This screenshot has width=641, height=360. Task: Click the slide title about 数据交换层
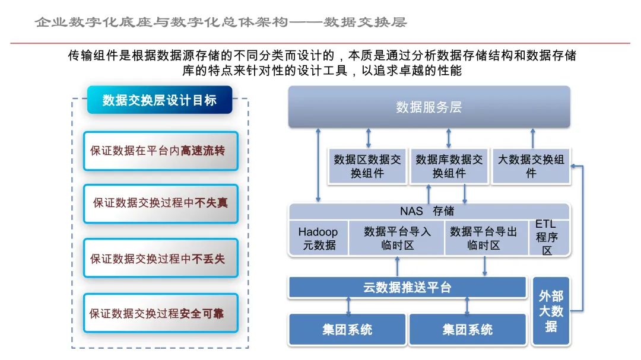pyautogui.click(x=221, y=22)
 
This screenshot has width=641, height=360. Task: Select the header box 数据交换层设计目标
pyautogui.click(x=160, y=100)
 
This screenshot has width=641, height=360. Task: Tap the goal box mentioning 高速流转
pyautogui.click(x=161, y=151)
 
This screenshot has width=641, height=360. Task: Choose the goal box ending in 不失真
pyautogui.click(x=161, y=203)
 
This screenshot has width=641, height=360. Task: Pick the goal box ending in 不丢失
pyautogui.click(x=161, y=258)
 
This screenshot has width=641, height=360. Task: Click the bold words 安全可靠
pyautogui.click(x=202, y=313)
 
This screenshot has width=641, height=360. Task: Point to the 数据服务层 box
pyautogui.click(x=429, y=107)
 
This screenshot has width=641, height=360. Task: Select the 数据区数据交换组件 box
pyautogui.click(x=367, y=166)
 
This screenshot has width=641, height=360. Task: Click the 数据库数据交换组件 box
pyautogui.click(x=449, y=166)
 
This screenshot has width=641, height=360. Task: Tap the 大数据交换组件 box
pyautogui.click(x=531, y=166)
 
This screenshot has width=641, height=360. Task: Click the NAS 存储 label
pyautogui.click(x=427, y=211)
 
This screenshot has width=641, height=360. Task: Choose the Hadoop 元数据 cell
pyautogui.click(x=319, y=238)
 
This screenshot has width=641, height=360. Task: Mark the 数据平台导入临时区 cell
pyautogui.click(x=396, y=238)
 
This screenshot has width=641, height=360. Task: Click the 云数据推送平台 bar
pyautogui.click(x=407, y=287)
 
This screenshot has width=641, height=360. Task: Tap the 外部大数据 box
pyautogui.click(x=551, y=311)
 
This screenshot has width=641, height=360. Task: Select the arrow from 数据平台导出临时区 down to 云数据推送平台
pyautogui.click(x=484, y=266)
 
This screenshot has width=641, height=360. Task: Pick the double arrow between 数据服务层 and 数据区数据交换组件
pyautogui.click(x=369, y=138)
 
